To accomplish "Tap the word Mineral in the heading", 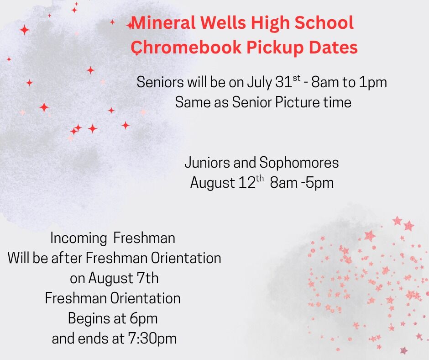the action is [163, 22].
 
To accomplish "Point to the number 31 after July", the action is [283, 82].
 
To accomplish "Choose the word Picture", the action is [297, 102].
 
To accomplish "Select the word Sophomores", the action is [299, 163].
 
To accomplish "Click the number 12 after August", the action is [247, 183].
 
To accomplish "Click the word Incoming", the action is [78, 238].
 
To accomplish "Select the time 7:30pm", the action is [152, 339].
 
